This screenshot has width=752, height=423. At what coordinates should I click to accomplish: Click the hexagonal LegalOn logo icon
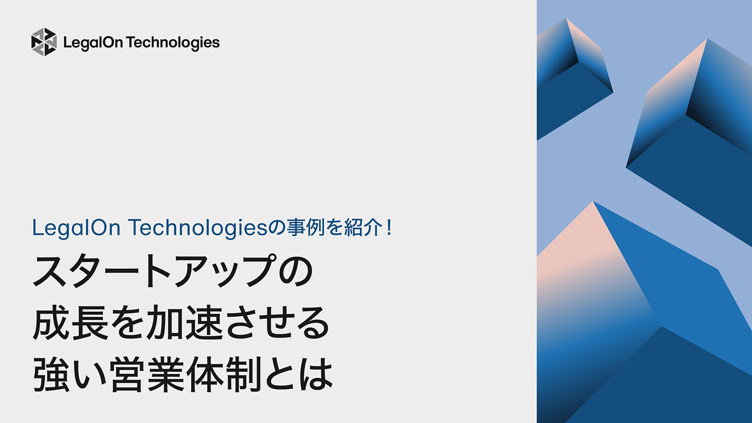44,42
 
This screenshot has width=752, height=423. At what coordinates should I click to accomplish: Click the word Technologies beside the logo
173,43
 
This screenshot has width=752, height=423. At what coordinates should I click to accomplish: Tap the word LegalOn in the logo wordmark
93,43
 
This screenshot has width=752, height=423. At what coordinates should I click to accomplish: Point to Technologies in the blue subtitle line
198,228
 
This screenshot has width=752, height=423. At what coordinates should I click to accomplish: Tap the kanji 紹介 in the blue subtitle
363,228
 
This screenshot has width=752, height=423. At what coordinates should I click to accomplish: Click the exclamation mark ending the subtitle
389,228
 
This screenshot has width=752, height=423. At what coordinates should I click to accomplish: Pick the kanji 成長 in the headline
71,323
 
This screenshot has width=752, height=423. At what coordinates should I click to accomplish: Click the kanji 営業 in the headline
148,375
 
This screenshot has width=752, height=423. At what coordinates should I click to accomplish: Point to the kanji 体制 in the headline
224,375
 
